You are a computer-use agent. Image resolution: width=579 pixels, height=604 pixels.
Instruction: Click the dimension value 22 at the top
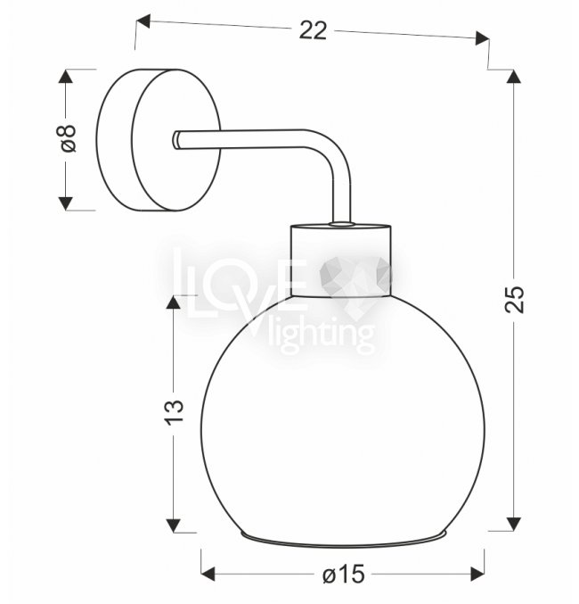pyautogui.click(x=313, y=30)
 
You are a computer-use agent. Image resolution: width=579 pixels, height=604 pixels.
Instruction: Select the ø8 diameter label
pyautogui.click(x=69, y=138)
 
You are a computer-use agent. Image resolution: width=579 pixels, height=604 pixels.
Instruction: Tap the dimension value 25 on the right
pyautogui.click(x=514, y=299)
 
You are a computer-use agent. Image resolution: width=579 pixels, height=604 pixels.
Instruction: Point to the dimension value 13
pyautogui.click(x=175, y=412)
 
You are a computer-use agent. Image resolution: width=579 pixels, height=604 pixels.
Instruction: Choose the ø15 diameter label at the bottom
pyautogui.click(x=344, y=575)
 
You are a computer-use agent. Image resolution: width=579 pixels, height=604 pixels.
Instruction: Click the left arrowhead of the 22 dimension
pyautogui.click(x=143, y=21)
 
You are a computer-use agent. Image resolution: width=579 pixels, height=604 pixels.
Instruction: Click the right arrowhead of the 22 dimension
pyautogui.click(x=482, y=38)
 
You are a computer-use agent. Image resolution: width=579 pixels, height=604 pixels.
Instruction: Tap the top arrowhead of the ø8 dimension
pyautogui.click(x=65, y=76)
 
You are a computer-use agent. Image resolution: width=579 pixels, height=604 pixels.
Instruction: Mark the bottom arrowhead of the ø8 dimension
pyautogui.click(x=65, y=203)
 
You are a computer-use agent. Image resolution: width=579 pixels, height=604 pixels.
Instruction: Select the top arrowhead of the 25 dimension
pyautogui.click(x=514, y=76)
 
